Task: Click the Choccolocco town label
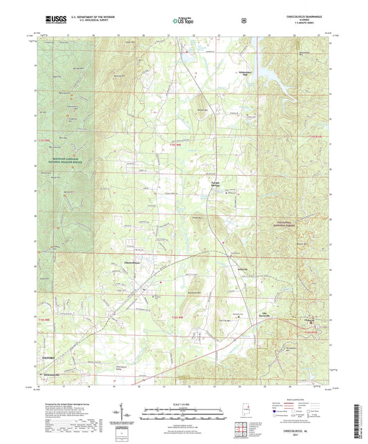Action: click(133, 262)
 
